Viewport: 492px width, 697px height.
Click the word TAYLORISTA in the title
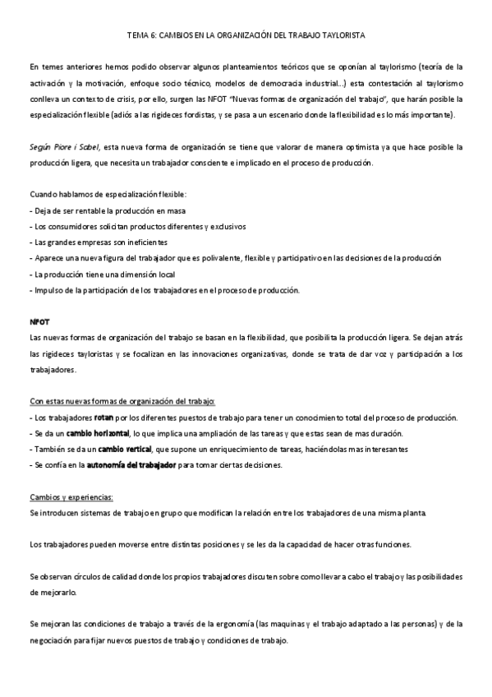click(x=342, y=36)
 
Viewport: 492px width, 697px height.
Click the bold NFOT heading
click(x=39, y=321)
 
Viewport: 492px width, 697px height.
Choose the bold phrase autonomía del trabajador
click(x=132, y=464)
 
